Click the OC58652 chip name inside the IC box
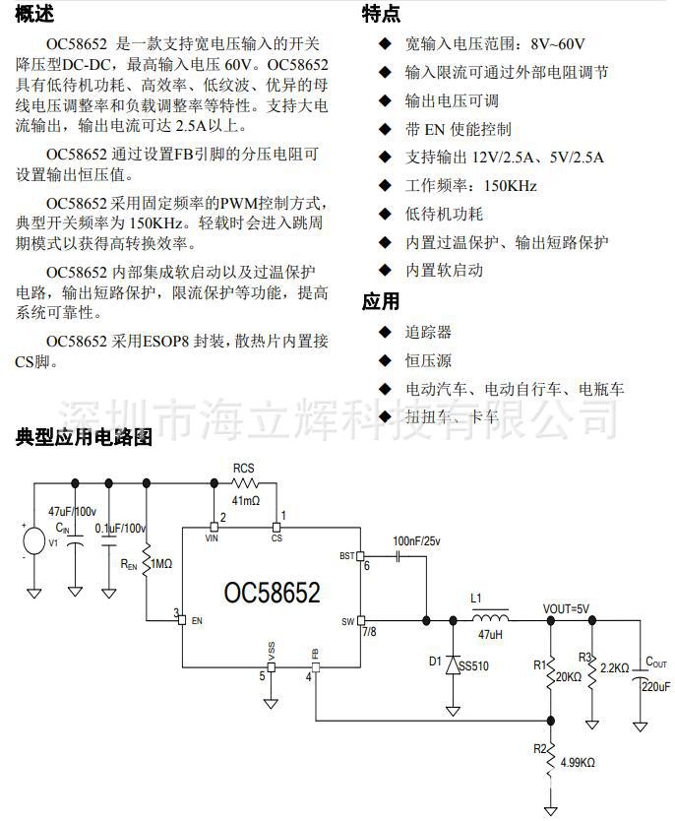272,593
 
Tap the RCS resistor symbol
245,482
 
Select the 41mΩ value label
246,500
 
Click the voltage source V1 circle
34,541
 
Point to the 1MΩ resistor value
161,564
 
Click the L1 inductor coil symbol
490,617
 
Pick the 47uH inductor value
490,635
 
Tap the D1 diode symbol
453,665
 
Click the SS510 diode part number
474,666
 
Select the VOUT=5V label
566,608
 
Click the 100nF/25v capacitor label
416,540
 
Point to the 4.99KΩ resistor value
578,762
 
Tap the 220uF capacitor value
655,686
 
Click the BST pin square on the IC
360,556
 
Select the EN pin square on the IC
182,620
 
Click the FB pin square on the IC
316,667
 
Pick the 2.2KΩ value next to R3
614,668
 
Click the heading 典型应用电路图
84,437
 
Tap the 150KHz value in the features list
510,185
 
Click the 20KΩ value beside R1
569,677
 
